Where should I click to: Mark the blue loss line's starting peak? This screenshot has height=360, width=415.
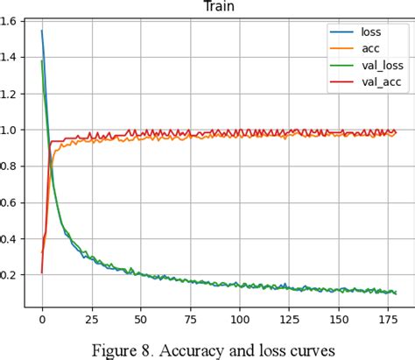click(x=42, y=31)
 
